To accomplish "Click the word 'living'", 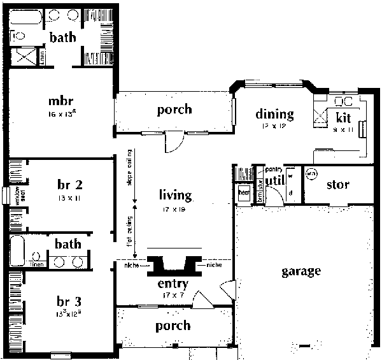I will point(175,194).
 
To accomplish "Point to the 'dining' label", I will point(274,115).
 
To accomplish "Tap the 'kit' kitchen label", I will point(344,117).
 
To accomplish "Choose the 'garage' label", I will point(301,272).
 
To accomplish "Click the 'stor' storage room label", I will point(337,185).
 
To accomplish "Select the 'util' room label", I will point(274,182).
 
